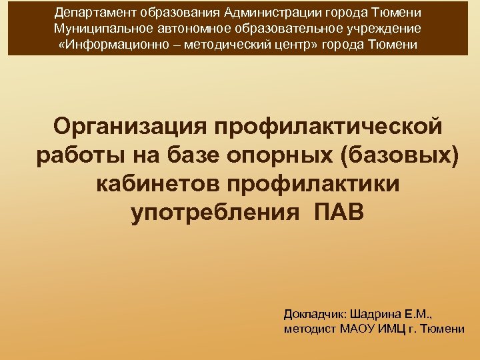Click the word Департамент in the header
click(89, 13)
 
